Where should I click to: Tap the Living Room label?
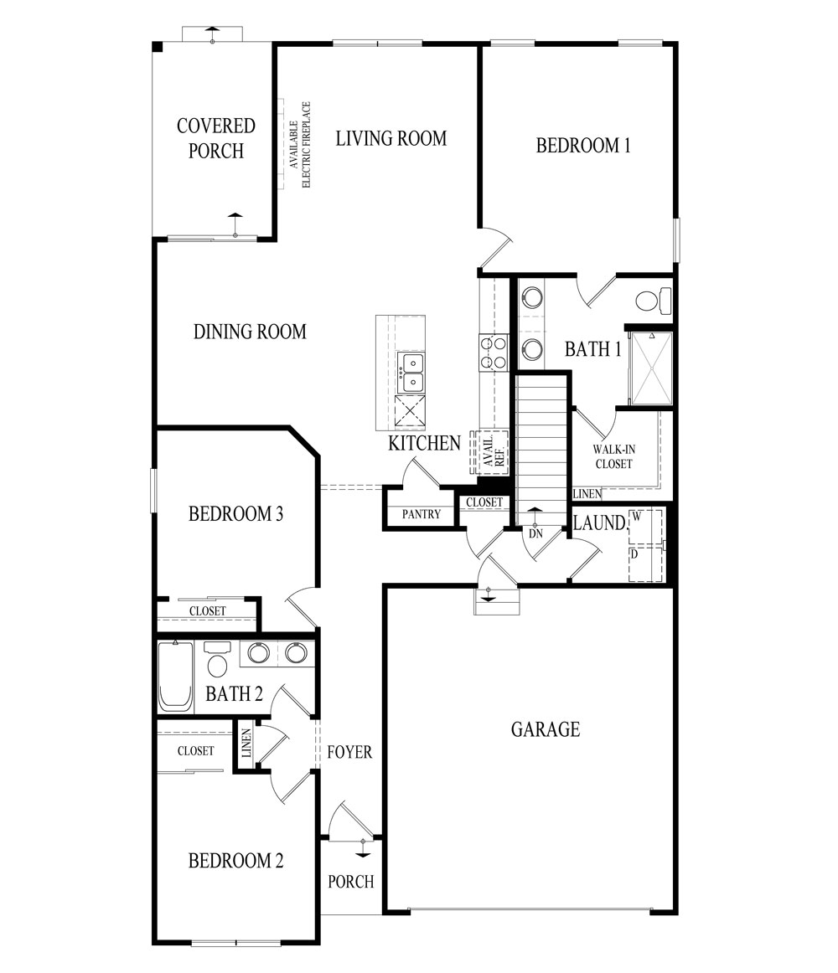[x=391, y=138]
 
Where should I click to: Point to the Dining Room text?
[x=250, y=332]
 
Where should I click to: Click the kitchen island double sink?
[x=411, y=373]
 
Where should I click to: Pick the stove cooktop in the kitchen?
[x=494, y=352]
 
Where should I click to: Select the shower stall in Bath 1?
[x=650, y=368]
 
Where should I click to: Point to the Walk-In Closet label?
[x=613, y=456]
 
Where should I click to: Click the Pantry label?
[x=421, y=514]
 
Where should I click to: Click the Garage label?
[x=545, y=729]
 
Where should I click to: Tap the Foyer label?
[x=349, y=752]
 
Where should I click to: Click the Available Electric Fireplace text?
[x=300, y=144]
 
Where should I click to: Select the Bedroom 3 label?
[x=235, y=513]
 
